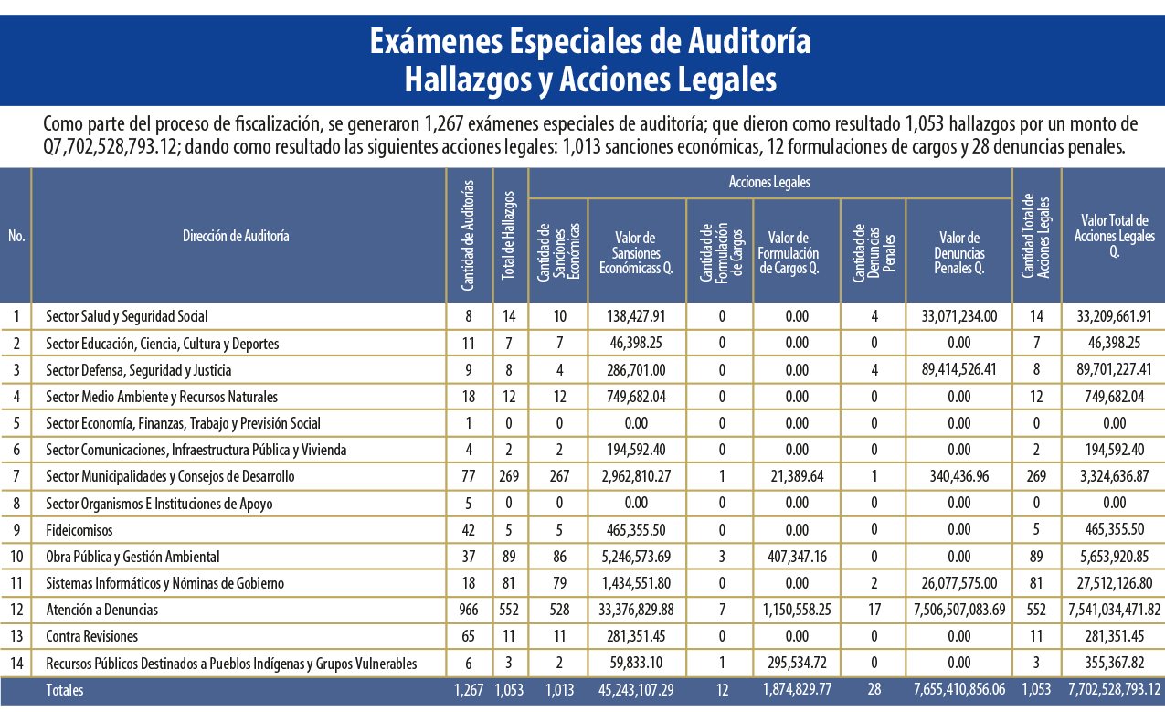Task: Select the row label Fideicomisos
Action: (79, 530)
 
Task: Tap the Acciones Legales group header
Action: (769, 182)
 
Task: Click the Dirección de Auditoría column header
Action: (236, 236)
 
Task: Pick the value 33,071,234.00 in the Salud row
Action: (959, 316)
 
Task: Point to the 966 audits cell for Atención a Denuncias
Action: (469, 610)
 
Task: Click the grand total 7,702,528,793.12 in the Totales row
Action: (1114, 690)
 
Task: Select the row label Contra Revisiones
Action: (92, 636)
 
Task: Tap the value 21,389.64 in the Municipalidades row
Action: (797, 476)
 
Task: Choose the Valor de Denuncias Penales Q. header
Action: (959, 253)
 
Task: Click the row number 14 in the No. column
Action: (16, 664)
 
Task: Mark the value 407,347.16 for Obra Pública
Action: (797, 557)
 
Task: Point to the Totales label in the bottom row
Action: (65, 690)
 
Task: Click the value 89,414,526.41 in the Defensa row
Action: (959, 370)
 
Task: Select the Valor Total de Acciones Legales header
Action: (1114, 236)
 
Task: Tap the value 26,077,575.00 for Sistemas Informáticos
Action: (959, 583)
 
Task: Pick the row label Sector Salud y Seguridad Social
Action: (126, 316)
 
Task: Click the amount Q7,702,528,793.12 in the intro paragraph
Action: (111, 147)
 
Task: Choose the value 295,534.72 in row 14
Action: (797, 664)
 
